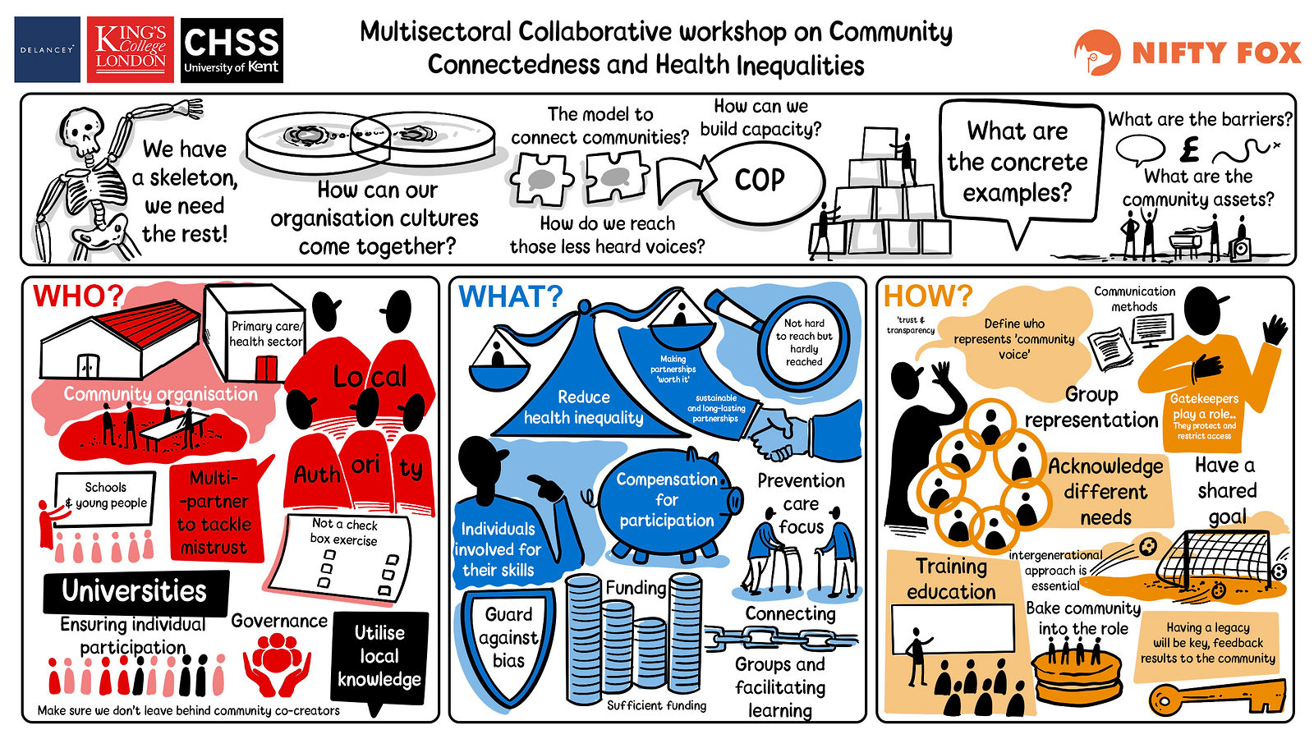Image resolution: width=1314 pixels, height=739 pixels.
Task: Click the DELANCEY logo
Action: point(47,49)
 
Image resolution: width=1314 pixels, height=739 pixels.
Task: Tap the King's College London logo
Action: point(131,49)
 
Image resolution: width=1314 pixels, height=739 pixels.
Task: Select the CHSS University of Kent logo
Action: point(232,50)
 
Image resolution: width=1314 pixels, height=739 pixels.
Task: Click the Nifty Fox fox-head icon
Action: point(1097,53)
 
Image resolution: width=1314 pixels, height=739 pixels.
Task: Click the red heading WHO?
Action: point(78,296)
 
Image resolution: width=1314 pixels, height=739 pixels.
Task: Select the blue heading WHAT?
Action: point(510,296)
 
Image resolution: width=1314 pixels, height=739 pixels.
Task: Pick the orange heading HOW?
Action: point(928,296)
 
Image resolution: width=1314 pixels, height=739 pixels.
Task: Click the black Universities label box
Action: point(136,592)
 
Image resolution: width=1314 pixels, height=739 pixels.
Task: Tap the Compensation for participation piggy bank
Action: point(668,502)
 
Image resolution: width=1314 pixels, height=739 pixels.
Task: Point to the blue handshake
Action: point(804,431)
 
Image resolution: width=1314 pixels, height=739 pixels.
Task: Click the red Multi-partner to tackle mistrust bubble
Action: point(217,510)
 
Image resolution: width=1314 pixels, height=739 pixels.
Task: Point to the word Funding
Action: point(636,588)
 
